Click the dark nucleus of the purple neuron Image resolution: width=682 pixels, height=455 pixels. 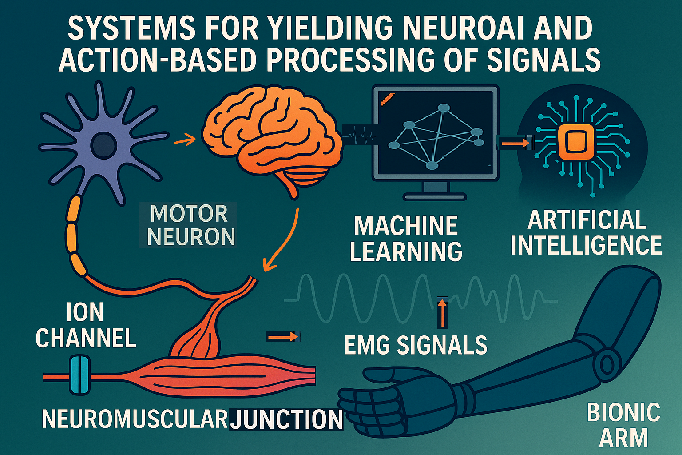pos(103,145)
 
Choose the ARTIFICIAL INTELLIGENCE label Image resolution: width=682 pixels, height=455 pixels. pos(586,233)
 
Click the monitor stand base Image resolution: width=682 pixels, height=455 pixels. pos(434,196)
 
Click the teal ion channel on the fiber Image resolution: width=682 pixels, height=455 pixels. pos(80,375)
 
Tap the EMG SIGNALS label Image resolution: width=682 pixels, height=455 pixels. pos(416,345)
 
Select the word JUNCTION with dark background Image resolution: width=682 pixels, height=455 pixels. pos(287,419)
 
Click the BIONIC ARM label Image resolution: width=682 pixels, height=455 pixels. pos(623,425)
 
